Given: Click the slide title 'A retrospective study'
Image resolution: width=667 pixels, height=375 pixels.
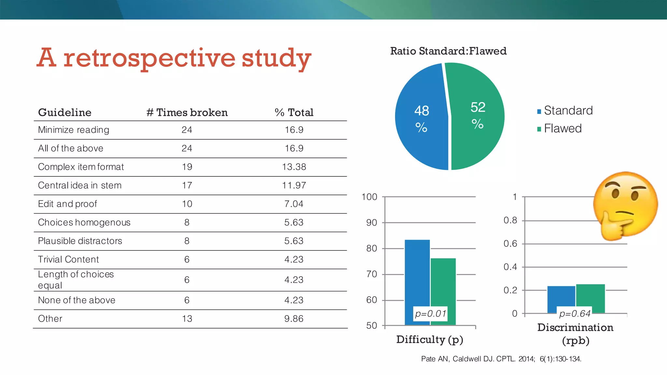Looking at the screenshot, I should click(x=174, y=58).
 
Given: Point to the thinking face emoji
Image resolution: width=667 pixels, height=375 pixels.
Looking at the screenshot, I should click(x=625, y=205).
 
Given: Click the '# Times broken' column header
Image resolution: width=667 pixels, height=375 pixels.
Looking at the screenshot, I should click(x=187, y=113).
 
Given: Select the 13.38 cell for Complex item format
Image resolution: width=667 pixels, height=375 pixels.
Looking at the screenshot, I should click(x=294, y=167).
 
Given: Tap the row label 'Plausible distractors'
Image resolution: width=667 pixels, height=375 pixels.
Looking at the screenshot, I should click(x=80, y=241).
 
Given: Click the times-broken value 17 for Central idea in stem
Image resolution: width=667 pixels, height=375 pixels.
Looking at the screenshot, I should click(x=187, y=186).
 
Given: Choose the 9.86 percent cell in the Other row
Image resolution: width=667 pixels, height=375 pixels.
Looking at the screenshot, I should click(x=294, y=319).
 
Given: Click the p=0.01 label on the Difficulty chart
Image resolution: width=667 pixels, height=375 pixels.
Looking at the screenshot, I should click(x=430, y=314).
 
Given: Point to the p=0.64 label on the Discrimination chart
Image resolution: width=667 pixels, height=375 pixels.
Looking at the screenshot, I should click(x=575, y=314).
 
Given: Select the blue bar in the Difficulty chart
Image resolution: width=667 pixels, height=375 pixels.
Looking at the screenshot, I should click(x=417, y=277).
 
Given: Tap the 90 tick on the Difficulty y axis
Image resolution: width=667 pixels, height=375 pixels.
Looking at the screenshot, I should click(x=372, y=223).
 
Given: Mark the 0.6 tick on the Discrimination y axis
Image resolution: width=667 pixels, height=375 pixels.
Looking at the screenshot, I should click(x=510, y=244).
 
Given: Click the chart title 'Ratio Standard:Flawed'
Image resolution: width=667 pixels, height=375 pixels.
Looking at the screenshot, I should click(x=448, y=51).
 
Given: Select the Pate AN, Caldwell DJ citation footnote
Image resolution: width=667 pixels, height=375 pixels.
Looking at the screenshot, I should click(x=501, y=359).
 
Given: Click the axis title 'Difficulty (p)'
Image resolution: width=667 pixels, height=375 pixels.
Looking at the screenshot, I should click(x=430, y=340).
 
